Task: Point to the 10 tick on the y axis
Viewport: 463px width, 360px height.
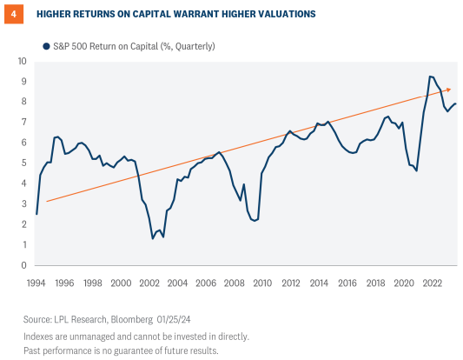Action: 23,61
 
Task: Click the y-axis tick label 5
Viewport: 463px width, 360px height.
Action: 24,163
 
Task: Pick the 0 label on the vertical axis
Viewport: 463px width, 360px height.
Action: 24,265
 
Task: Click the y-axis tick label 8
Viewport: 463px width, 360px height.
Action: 24,102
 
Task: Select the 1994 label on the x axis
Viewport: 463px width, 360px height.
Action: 36,283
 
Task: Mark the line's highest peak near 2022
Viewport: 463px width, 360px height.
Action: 431,77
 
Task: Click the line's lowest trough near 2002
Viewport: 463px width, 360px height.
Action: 154,238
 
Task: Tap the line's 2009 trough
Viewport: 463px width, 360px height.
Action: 254,221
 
